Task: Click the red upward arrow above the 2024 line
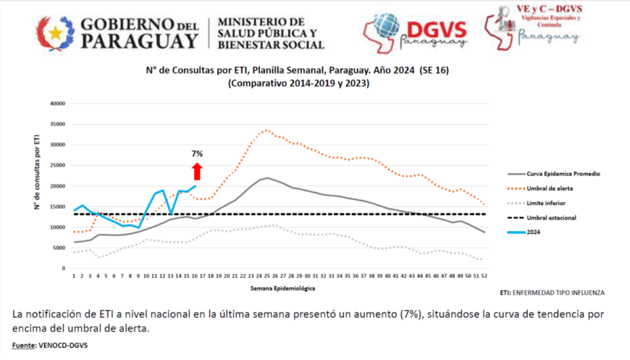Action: [x=197, y=172]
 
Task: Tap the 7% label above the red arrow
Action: [x=197, y=154]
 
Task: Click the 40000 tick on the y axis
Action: [x=56, y=104]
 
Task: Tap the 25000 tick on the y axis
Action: [x=56, y=165]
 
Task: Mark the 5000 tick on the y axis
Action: [x=59, y=248]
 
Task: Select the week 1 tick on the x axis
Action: [x=74, y=276]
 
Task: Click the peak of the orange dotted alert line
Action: [x=266, y=130]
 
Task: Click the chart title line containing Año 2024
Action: [x=297, y=71]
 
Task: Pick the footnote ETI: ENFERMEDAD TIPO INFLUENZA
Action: [x=552, y=293]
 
